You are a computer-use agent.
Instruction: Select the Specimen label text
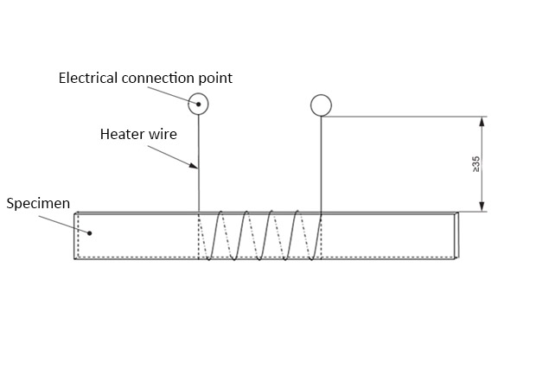38,205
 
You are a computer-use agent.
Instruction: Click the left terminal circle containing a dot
199,105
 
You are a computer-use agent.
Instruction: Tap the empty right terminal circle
321,105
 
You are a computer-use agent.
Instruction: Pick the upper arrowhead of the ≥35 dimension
482,122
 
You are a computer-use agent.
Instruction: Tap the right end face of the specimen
456,235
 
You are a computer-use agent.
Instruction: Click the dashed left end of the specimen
77,235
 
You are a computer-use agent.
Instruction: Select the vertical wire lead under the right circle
322,164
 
